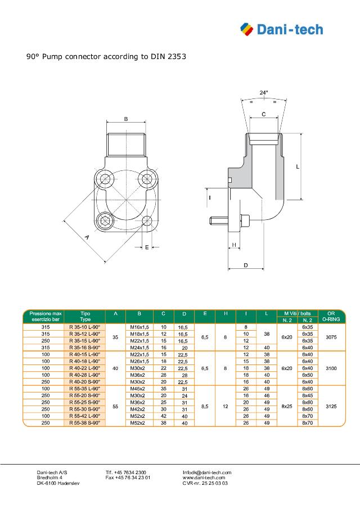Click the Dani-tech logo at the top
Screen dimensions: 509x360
point(281,29)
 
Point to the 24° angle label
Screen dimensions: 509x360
point(263,92)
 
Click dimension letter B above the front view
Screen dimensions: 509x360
point(126,119)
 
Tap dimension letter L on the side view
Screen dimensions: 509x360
point(313,167)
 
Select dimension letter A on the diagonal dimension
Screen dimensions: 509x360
point(87,238)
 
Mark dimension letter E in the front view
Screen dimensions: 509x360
point(147,247)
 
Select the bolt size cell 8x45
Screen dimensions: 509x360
point(308,395)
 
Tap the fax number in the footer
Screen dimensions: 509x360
point(128,478)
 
